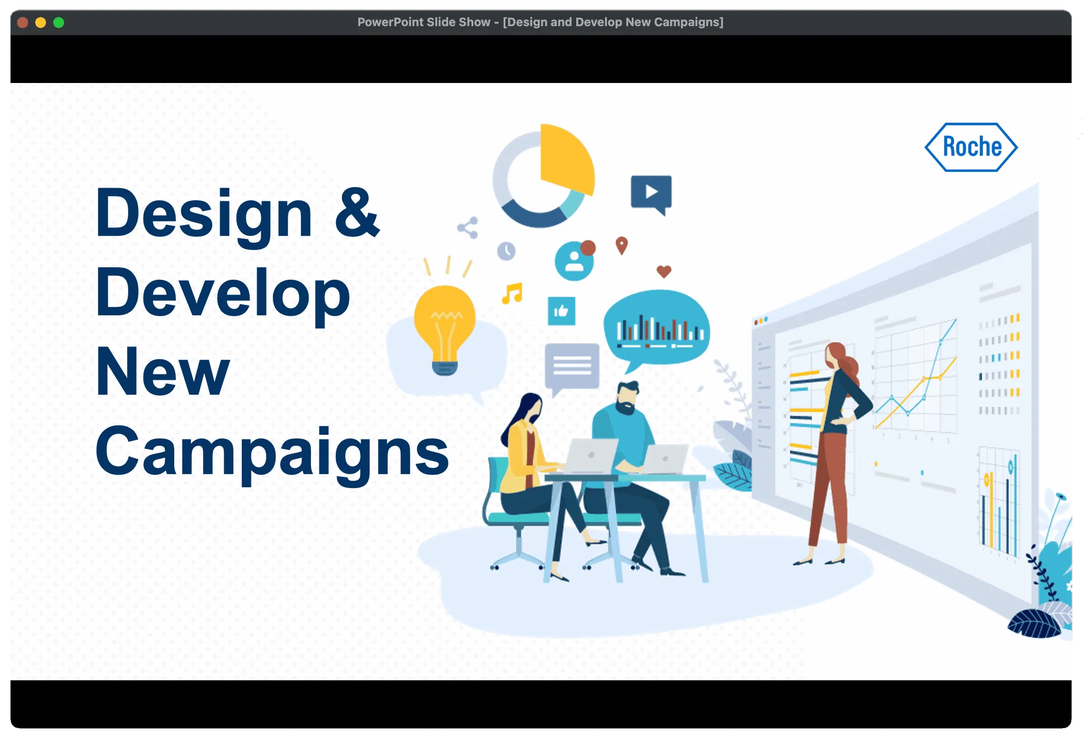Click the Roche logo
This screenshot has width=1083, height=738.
[x=971, y=147]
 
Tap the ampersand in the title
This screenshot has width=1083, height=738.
[x=357, y=212]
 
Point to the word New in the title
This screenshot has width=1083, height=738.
[x=163, y=371]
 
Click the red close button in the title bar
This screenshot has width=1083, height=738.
[x=22, y=22]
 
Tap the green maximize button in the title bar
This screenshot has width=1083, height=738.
[x=59, y=22]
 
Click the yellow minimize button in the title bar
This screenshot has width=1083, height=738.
[x=41, y=22]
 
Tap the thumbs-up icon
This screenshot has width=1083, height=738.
[x=561, y=311]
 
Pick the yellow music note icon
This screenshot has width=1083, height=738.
[x=512, y=293]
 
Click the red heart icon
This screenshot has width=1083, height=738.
[x=664, y=271]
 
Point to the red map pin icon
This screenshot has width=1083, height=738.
[x=622, y=245]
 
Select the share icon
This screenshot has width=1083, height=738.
[x=468, y=228]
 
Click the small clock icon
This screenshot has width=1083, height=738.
[x=506, y=251]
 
